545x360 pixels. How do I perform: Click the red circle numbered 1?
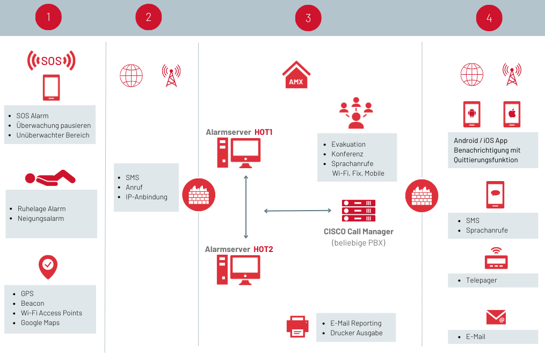click(48, 17)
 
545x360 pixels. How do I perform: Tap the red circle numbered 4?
click(489, 18)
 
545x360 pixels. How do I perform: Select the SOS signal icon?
click(52, 61)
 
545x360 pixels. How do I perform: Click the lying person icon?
click(50, 178)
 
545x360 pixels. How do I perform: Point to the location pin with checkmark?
click(48, 267)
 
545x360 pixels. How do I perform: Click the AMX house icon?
click(296, 75)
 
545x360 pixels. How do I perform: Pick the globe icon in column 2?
click(131, 75)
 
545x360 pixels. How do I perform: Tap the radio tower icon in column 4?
click(512, 75)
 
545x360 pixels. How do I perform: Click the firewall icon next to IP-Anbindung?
click(199, 195)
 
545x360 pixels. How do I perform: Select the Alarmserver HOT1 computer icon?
click(239, 153)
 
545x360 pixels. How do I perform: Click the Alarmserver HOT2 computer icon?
click(238, 270)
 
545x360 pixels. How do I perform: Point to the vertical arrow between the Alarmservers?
click(246, 207)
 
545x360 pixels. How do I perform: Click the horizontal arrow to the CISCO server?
click(297, 211)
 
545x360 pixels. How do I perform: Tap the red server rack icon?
click(359, 211)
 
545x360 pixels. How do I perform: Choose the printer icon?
click(297, 327)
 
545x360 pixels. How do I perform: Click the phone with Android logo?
click(471, 114)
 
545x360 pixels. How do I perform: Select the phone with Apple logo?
click(512, 114)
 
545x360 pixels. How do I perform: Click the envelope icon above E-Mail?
click(496, 317)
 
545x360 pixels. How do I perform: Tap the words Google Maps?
click(40, 323)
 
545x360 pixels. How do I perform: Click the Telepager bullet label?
click(482, 280)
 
